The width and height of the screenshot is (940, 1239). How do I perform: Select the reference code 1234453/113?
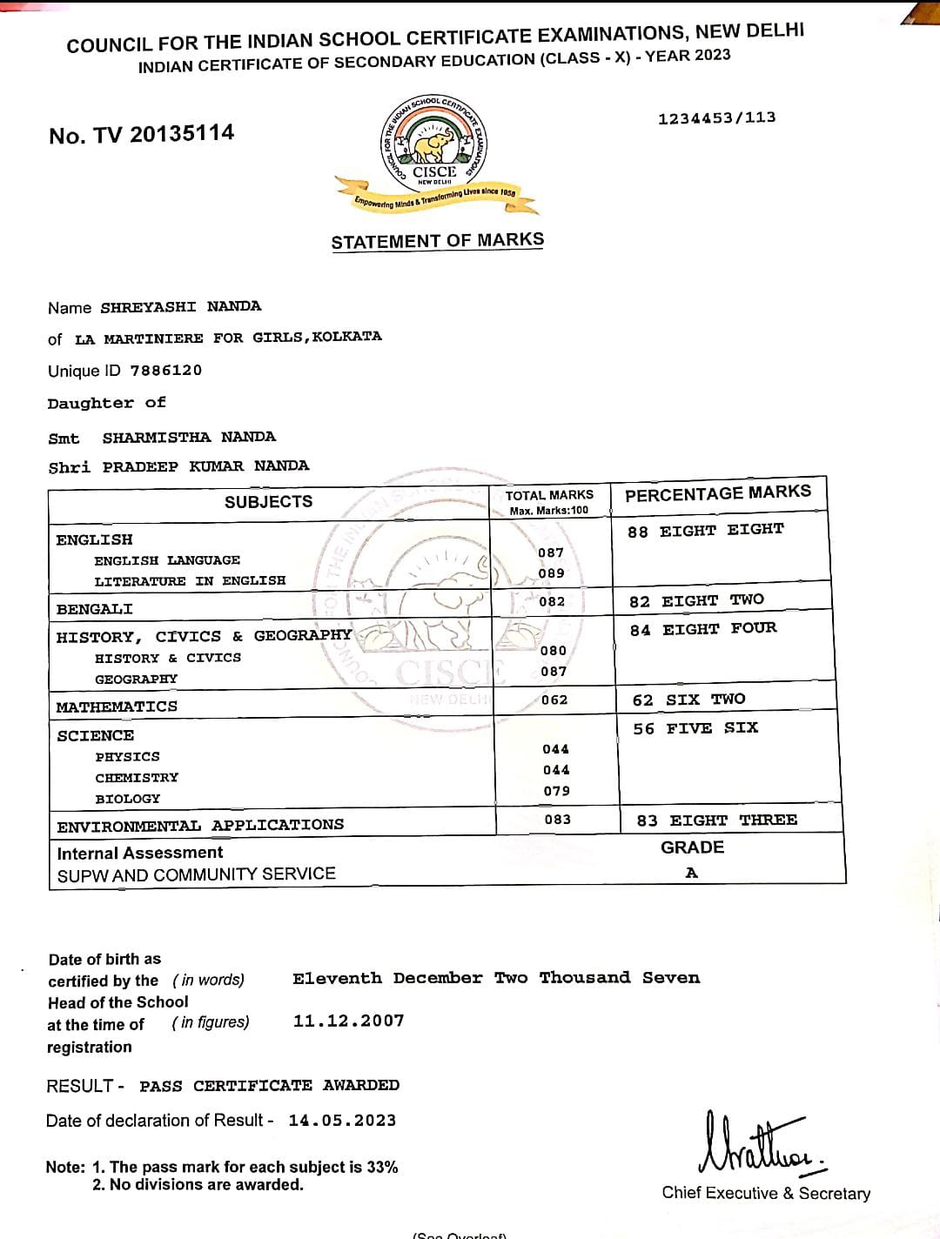(716, 118)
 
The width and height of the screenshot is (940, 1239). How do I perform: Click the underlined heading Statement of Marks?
(437, 241)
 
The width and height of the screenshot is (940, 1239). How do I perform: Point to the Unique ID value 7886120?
(165, 371)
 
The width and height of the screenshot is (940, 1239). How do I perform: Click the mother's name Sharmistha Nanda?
(189, 437)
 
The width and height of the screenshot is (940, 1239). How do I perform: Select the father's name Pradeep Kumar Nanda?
(205, 466)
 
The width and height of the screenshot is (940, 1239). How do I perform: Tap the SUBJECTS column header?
(268, 502)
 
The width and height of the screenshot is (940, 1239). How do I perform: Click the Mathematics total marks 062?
(554, 700)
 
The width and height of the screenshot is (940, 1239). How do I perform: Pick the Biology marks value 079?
(556, 791)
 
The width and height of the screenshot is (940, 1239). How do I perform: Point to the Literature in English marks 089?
(551, 573)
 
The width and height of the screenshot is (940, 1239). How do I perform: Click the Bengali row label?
(95, 609)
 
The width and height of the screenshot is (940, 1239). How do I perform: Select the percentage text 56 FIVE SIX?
(695, 728)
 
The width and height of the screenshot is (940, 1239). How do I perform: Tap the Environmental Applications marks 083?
(557, 820)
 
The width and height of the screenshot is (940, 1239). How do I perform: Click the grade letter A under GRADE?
(691, 873)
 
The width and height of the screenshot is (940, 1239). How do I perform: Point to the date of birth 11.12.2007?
(348, 1021)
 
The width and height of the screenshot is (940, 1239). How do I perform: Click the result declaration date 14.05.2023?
(342, 1121)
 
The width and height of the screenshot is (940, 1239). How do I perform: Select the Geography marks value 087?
(554, 672)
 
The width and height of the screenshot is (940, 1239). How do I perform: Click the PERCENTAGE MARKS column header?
(717, 494)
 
